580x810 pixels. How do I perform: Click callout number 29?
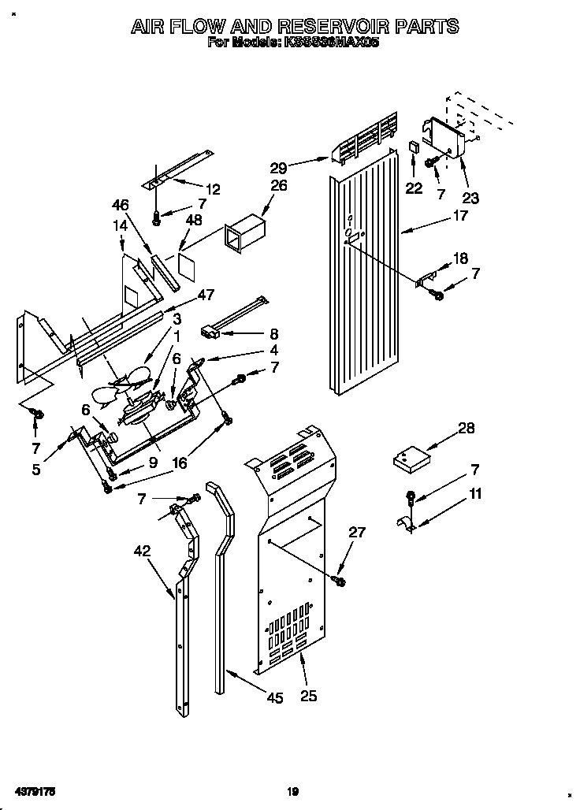[x=277, y=166]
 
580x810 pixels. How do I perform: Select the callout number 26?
[x=279, y=186]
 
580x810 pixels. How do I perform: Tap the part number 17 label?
[x=460, y=214]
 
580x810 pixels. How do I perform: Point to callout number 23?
[x=470, y=199]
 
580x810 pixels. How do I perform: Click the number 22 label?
[x=414, y=188]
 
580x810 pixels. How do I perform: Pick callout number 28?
[x=467, y=428]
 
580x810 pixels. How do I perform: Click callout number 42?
[x=142, y=552]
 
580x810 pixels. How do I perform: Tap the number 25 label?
[x=309, y=695]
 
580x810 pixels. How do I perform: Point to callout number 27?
[x=357, y=532]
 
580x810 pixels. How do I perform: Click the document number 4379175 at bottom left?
[x=33, y=790]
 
